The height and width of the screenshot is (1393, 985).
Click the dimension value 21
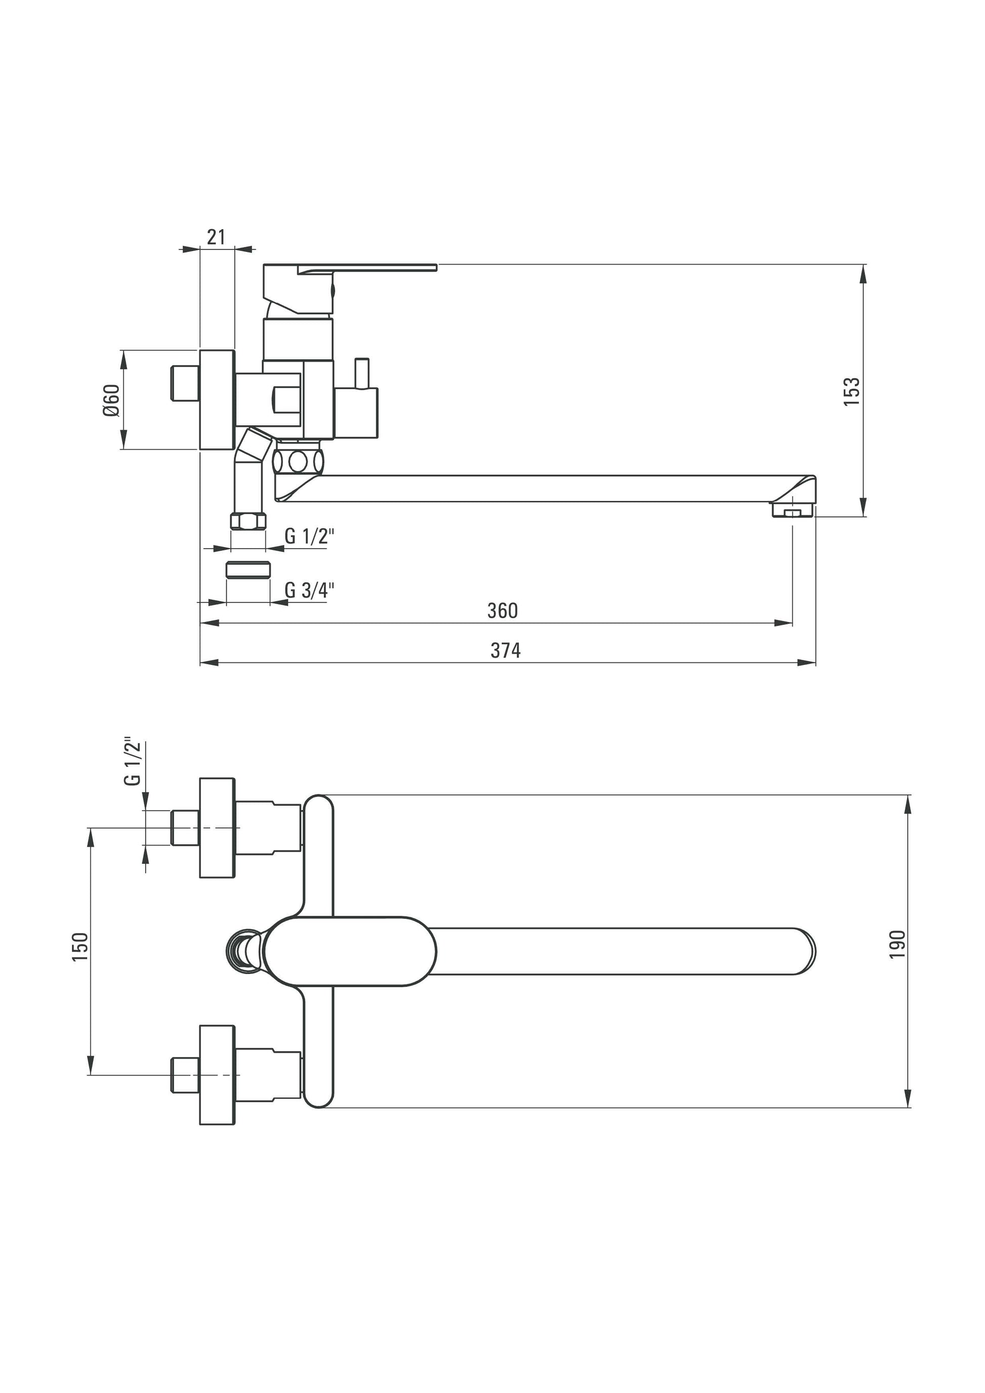point(216,237)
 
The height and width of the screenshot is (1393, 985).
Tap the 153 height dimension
point(852,391)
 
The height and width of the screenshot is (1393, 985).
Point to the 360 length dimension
point(503,610)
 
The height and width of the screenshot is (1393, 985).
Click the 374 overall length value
point(506,650)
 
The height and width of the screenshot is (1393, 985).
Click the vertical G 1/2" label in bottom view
point(133,763)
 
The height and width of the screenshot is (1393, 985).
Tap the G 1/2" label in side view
point(309,536)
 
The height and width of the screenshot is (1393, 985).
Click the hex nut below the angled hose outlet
point(248,521)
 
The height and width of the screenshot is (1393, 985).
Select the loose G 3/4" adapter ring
point(248,570)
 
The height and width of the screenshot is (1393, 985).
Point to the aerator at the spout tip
point(793,512)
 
